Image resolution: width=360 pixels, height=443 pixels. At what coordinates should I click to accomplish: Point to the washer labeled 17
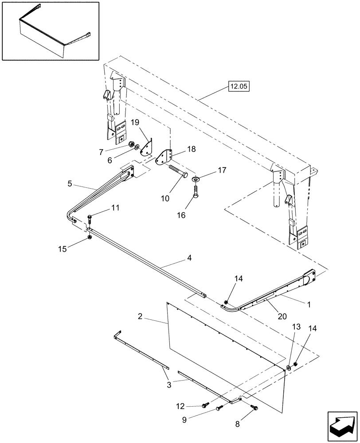[196, 180]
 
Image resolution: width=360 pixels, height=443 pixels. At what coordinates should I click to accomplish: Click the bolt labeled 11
[90, 218]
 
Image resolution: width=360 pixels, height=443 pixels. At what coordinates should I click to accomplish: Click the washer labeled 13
[289, 367]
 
